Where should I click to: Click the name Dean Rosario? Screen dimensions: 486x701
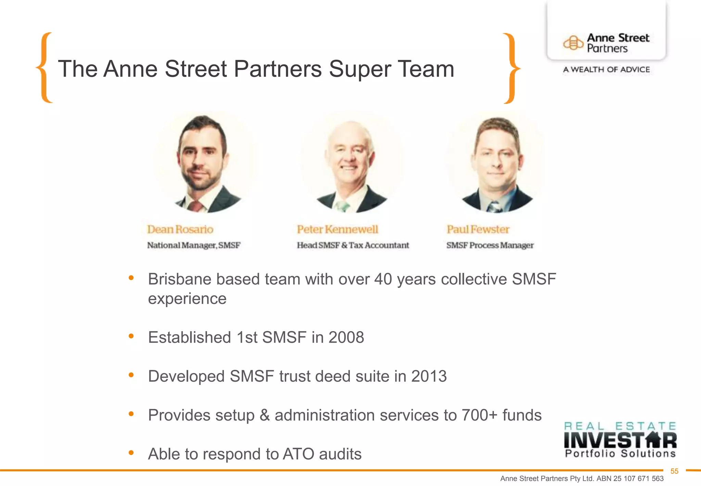(180, 229)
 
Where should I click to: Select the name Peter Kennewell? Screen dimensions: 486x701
(337, 229)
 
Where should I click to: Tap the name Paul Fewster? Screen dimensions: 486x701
(478, 229)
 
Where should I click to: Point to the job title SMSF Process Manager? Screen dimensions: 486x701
(490, 245)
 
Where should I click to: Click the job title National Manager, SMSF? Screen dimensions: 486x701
(194, 245)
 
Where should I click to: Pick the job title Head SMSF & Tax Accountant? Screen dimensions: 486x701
(353, 245)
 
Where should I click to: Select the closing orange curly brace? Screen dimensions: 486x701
(511, 68)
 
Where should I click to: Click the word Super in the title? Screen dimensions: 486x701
(359, 69)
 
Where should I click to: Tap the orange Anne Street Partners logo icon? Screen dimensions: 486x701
(573, 43)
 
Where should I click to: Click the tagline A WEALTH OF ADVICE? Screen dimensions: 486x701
(606, 70)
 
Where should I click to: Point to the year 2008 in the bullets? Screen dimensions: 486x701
(346, 338)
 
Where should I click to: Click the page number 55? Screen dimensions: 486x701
(674, 471)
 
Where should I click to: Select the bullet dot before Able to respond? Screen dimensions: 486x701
(131, 453)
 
